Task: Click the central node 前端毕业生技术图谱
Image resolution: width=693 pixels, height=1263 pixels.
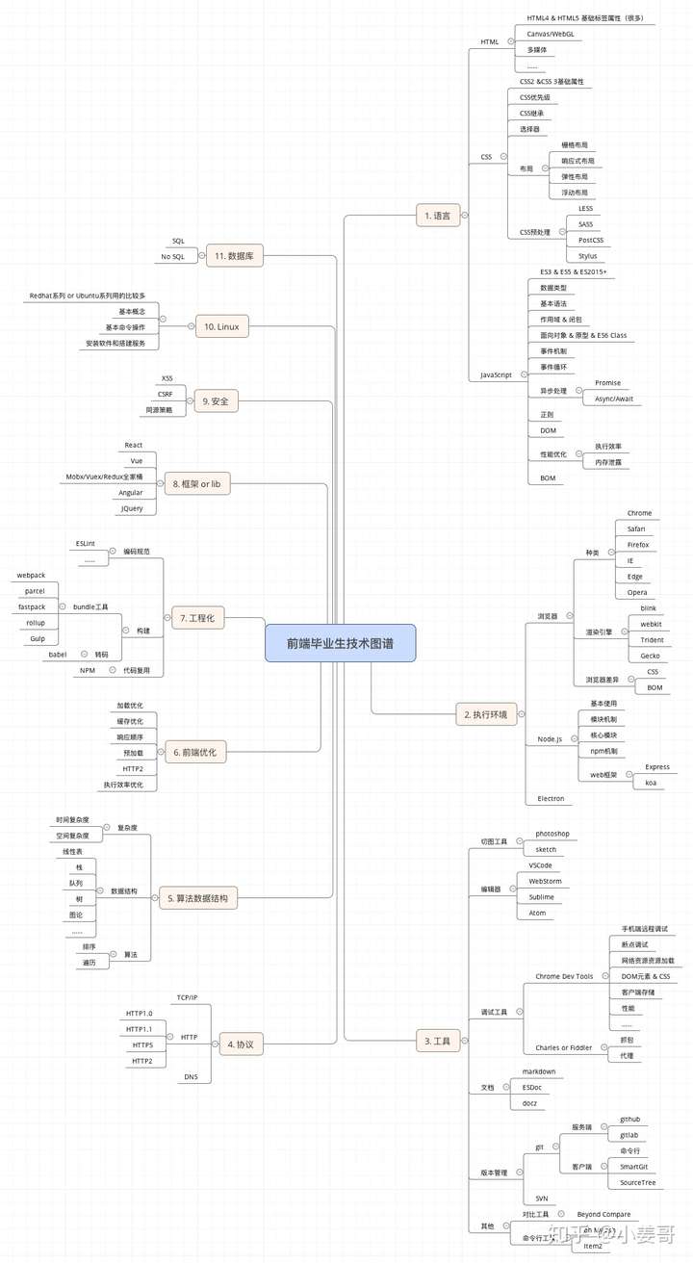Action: (x=340, y=643)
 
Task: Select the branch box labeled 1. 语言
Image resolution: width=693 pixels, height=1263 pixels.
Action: (x=437, y=216)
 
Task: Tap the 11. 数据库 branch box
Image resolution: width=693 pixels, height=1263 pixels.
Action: (x=234, y=256)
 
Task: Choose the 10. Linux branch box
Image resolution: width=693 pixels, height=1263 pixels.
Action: (x=221, y=326)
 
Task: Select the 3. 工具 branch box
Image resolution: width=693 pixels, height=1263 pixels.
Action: (x=438, y=1041)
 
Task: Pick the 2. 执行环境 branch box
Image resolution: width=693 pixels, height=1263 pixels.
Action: (x=486, y=714)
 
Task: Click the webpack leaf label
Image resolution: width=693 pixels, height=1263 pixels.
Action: (x=31, y=575)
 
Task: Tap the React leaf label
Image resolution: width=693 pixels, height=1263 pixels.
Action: (x=134, y=445)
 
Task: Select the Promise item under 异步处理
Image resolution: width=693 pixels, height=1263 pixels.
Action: (x=607, y=383)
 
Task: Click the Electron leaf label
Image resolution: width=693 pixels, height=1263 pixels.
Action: (x=552, y=799)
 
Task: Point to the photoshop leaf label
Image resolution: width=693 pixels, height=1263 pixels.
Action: (x=552, y=834)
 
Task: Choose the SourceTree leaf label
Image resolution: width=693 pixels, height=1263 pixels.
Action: (x=637, y=1182)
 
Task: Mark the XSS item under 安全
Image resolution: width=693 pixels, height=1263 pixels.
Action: (x=167, y=378)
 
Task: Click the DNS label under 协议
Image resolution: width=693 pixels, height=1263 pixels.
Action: (x=191, y=1077)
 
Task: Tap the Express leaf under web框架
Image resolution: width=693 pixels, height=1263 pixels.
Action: (x=657, y=767)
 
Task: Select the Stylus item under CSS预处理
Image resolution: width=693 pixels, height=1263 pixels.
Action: (x=587, y=256)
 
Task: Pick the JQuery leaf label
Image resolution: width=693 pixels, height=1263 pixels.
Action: (x=131, y=508)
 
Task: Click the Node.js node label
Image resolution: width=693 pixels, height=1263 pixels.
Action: (x=550, y=739)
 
